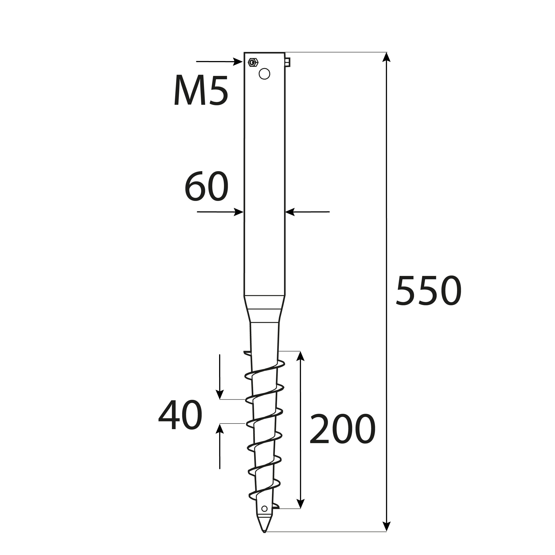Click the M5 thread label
tap(201, 90)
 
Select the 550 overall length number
tap(429, 291)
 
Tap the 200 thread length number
tap(342, 429)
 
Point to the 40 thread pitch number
tap(180, 415)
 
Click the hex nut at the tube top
tap(253, 62)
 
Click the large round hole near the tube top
tap(264, 74)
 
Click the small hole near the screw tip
tap(264, 517)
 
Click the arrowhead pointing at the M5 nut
tap(238, 61)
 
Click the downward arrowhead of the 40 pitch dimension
tap(220, 395)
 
